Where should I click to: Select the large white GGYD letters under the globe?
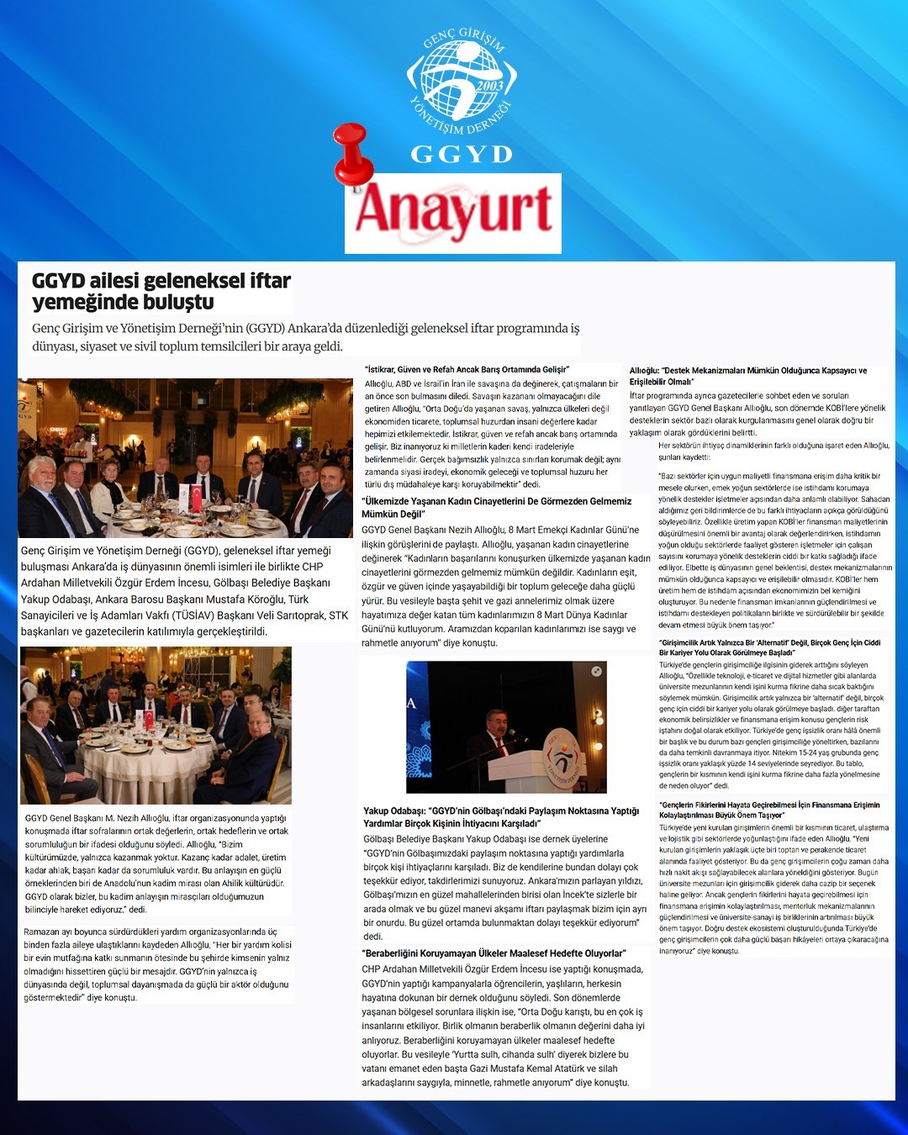click(x=461, y=154)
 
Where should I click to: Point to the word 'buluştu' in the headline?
click(x=173, y=302)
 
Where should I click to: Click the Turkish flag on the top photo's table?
click(x=197, y=496)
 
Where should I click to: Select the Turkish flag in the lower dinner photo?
click(x=149, y=719)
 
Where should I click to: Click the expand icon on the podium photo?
click(x=596, y=672)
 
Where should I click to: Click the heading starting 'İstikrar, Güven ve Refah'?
click(x=467, y=369)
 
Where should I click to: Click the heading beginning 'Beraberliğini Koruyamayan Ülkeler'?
click(x=494, y=953)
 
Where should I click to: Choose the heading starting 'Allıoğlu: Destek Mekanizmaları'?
click(x=747, y=376)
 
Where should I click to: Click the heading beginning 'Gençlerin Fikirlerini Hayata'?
click(x=769, y=810)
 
